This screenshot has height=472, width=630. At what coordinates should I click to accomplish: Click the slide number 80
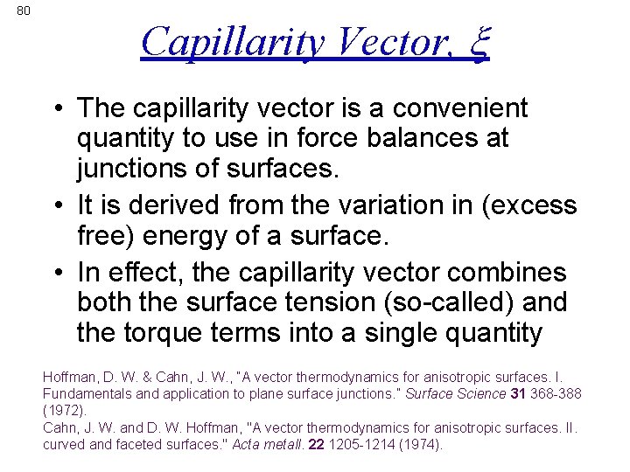point(24,10)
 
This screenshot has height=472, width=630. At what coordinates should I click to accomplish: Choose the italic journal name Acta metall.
point(269,444)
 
